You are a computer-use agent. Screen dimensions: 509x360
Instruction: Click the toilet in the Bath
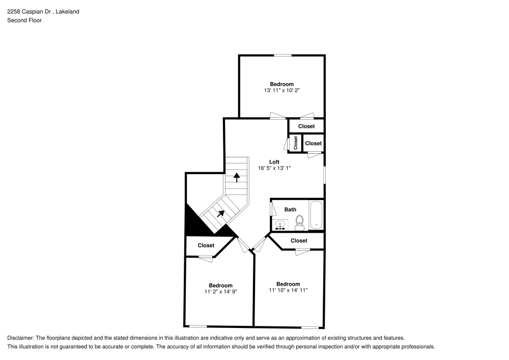click(300, 223)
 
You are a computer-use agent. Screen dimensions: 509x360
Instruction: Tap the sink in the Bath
click(280, 225)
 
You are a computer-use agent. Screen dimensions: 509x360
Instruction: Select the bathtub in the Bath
click(316, 215)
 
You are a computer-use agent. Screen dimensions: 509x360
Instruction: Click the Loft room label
click(274, 161)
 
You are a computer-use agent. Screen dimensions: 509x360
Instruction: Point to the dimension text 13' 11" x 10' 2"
click(282, 90)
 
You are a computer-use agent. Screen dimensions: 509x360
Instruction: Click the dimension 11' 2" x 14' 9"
click(221, 291)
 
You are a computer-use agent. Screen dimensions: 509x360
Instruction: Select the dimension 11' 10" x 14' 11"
click(288, 290)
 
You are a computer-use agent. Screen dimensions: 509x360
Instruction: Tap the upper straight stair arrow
click(237, 177)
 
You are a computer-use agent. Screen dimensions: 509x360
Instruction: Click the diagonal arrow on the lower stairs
click(221, 213)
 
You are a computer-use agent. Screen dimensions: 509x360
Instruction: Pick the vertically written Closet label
click(295, 143)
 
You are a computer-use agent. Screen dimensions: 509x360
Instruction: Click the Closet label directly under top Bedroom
click(306, 126)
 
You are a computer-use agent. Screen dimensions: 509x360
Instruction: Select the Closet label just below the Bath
click(299, 240)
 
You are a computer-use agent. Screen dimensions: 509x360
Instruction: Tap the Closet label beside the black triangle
click(206, 245)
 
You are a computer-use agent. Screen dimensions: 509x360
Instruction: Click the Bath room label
click(290, 209)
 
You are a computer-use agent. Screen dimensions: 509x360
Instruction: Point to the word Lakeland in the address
click(68, 12)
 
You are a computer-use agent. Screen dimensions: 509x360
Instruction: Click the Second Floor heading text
click(24, 20)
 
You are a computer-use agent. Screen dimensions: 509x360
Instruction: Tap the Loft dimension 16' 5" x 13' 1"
click(274, 168)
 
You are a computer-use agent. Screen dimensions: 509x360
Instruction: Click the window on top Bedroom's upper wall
click(282, 56)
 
